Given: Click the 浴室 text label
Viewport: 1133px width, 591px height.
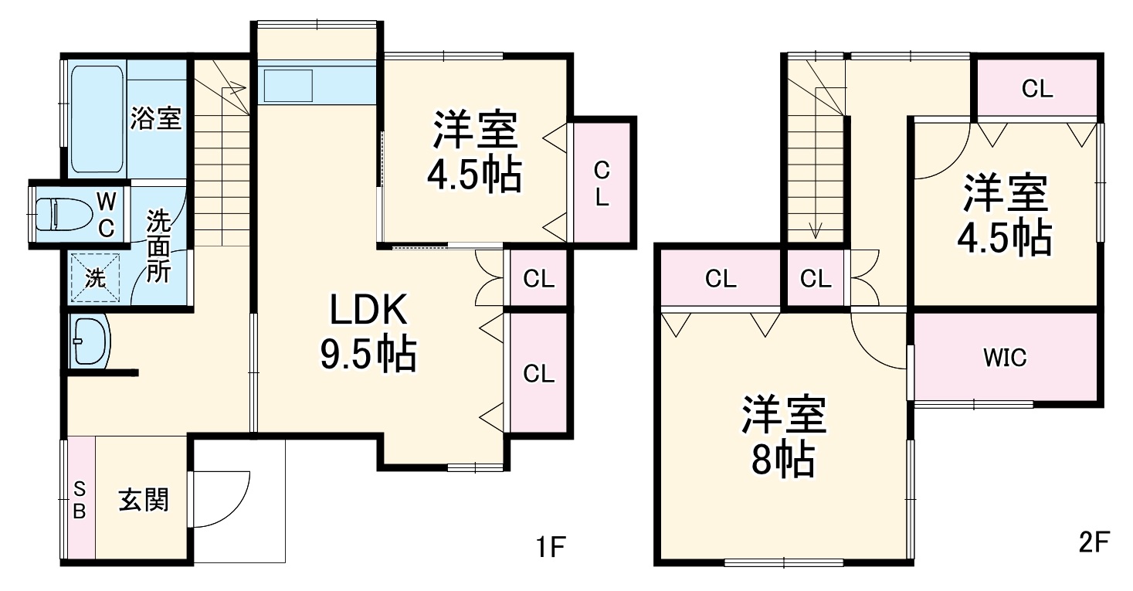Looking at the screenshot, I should (x=156, y=118).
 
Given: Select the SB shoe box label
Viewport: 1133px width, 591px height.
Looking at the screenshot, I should (x=80, y=499).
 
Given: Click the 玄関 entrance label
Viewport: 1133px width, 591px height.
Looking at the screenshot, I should (x=143, y=501).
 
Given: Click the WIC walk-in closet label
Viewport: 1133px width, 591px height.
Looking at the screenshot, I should (x=1005, y=358).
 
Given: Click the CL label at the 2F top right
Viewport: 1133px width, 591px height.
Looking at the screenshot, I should (x=1037, y=89).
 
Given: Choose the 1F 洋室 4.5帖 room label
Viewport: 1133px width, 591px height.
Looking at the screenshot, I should (x=474, y=153).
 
